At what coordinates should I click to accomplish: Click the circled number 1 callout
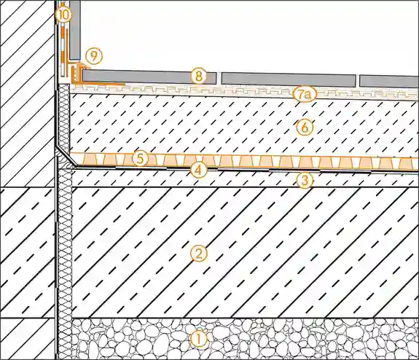tap(198, 340)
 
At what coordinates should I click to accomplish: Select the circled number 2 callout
tap(199, 254)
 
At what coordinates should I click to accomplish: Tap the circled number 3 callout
tap(305, 181)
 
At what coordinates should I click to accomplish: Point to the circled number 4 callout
tap(198, 170)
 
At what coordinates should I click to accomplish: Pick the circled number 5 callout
tap(141, 158)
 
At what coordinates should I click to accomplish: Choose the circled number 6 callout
tap(305, 128)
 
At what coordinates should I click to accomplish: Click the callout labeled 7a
tap(305, 95)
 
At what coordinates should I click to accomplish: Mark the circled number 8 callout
tap(198, 77)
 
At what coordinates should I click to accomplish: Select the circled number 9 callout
tap(94, 57)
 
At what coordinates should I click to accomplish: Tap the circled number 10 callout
tap(63, 15)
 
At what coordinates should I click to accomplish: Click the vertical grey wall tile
tap(75, 30)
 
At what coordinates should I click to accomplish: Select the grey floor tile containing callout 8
tap(149, 77)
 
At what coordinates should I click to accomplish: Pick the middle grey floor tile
tap(289, 79)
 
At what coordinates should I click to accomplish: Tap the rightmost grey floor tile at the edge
tap(389, 81)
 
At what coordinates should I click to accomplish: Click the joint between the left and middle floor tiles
tap(219, 78)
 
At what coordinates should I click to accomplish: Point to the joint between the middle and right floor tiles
tap(358, 81)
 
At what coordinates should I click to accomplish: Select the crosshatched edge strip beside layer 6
tap(63, 117)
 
